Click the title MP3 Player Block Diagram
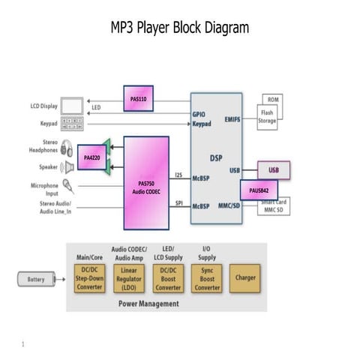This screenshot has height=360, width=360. [x=179, y=28]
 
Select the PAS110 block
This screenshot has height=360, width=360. [x=137, y=98]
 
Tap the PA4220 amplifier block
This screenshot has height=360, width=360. [x=91, y=158]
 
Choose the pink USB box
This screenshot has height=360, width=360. [x=274, y=170]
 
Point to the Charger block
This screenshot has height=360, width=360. [x=245, y=278]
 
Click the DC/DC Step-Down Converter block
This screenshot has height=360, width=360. [x=90, y=278]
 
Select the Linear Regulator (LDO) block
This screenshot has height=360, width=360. [x=129, y=278]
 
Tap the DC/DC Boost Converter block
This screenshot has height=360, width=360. [x=167, y=278]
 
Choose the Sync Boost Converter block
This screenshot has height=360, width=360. [x=206, y=278]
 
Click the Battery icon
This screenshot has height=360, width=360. [x=36, y=280]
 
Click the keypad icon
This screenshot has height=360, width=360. [x=73, y=124]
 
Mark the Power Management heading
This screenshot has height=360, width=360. [x=148, y=304]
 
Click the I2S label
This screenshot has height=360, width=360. [x=178, y=175]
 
